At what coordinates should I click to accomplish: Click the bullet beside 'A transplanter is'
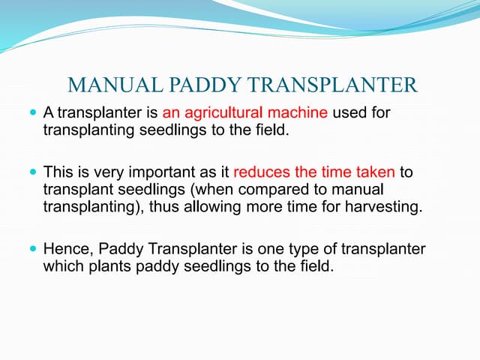32,113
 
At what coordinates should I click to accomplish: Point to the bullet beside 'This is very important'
32,172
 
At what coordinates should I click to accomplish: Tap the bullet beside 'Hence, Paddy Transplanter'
32,246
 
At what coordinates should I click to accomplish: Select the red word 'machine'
301,114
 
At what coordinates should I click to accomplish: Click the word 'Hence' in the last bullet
66,247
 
